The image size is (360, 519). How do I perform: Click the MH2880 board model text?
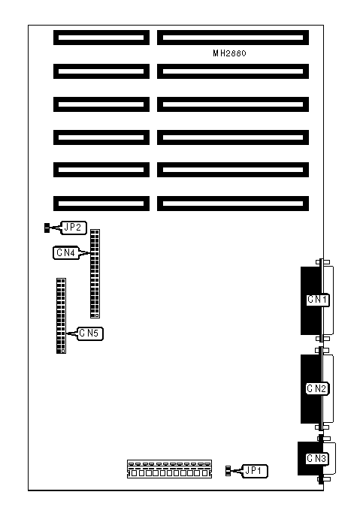[229, 53]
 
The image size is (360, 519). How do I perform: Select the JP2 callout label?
[74, 228]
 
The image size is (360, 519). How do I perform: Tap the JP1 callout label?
[256, 471]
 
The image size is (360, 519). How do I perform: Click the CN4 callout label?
[66, 253]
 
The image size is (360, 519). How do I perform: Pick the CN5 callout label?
[90, 333]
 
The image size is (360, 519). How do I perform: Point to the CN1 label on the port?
[318, 300]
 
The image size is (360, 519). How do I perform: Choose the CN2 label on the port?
[317, 388]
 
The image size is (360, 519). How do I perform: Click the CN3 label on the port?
[317, 458]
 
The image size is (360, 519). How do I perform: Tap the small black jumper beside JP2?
[47, 228]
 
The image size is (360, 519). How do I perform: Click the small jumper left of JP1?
[228, 471]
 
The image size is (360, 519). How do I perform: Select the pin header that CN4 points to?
[95, 273]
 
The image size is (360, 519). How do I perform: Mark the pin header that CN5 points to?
[61, 315]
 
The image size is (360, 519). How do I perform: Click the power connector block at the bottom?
[169, 469]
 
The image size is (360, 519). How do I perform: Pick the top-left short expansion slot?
[101, 38]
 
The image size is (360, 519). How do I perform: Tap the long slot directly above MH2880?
[233, 38]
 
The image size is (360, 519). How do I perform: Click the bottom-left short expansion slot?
[101, 204]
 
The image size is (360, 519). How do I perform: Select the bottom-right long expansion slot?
[233, 204]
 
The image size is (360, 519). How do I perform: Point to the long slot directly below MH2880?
[233, 71]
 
